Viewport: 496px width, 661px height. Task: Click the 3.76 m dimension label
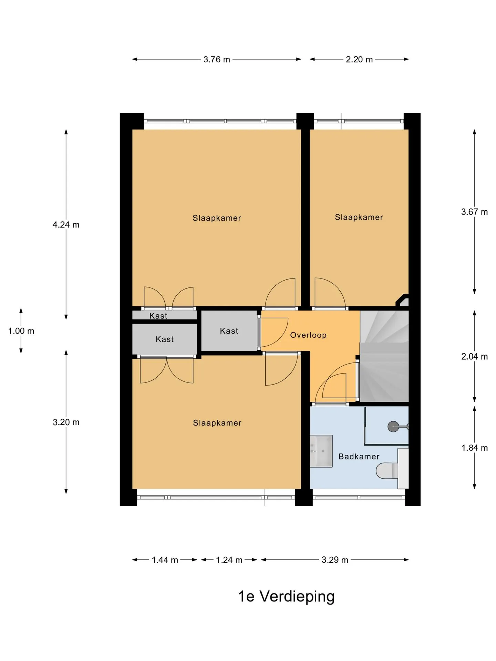pyautogui.click(x=217, y=60)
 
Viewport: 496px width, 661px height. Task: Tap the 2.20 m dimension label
pyautogui.click(x=359, y=60)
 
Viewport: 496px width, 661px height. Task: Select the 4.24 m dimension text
pyautogui.click(x=66, y=225)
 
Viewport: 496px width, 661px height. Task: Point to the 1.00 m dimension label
pyautogui.click(x=21, y=331)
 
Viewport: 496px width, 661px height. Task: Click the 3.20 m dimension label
pyautogui.click(x=66, y=422)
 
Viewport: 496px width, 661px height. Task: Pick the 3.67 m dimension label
pyautogui.click(x=474, y=212)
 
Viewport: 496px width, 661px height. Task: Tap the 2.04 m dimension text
pyautogui.click(x=474, y=356)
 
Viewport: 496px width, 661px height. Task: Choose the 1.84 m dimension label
pyautogui.click(x=474, y=448)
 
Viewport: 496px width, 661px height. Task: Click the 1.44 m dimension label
pyautogui.click(x=165, y=560)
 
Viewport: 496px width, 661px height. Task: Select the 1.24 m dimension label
pyautogui.click(x=229, y=560)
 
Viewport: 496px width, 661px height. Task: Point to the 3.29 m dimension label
pyautogui.click(x=335, y=560)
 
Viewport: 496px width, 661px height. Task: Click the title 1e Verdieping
pyautogui.click(x=286, y=597)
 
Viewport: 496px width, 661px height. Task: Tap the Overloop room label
pyautogui.click(x=308, y=335)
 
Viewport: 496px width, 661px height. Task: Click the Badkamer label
pyautogui.click(x=359, y=457)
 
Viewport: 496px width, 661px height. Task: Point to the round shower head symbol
pyautogui.click(x=393, y=427)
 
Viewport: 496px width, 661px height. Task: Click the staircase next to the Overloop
pyautogui.click(x=384, y=356)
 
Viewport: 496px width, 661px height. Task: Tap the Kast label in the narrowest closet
pyautogui.click(x=158, y=316)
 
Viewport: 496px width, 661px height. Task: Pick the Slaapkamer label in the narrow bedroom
pyautogui.click(x=359, y=217)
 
